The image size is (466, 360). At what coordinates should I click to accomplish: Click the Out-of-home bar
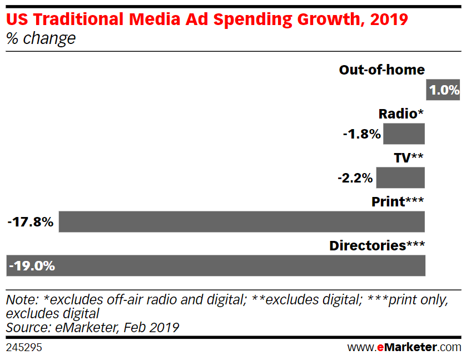tap(443, 90)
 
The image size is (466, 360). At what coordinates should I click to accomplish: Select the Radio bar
tap(404, 134)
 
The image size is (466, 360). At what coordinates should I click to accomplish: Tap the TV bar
tap(400, 177)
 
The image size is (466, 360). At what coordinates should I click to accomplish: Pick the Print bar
tap(242, 221)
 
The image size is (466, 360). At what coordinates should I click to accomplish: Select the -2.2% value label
tap(355, 178)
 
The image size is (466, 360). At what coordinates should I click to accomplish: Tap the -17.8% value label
tap(31, 222)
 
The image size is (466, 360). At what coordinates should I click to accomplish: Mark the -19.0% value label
tap(32, 266)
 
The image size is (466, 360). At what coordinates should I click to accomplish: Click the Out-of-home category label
tap(381, 70)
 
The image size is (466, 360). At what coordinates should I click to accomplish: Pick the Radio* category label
tap(401, 114)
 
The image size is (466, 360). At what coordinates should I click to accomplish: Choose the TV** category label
tap(409, 158)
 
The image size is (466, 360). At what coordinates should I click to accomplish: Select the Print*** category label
tap(398, 202)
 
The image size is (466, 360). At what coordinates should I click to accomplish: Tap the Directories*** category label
tap(376, 246)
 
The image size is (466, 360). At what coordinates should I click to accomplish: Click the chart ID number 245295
tap(24, 347)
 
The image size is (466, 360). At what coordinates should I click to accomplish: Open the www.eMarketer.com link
tap(404, 347)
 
